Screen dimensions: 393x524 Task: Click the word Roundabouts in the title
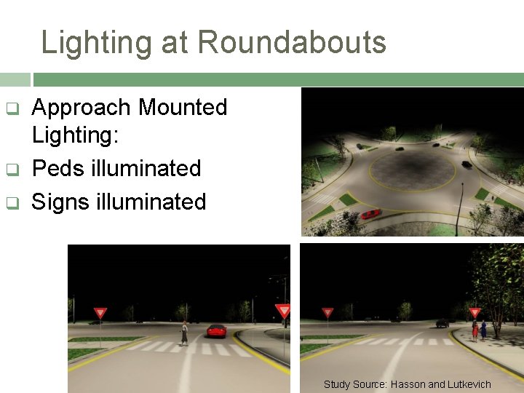pos(292,42)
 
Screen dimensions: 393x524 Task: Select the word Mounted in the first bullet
pos(183,108)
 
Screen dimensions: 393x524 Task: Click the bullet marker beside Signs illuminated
pos(12,203)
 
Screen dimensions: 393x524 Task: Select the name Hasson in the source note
pos(408,384)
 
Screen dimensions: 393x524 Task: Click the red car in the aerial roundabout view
pos(371,213)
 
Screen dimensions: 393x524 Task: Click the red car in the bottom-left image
pos(216,330)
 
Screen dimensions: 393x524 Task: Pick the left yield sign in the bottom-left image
pos(100,313)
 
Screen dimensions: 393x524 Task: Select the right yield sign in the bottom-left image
pos(283,311)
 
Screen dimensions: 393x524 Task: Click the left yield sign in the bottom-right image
pos(328,313)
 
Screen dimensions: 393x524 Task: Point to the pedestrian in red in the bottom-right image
pos(475,330)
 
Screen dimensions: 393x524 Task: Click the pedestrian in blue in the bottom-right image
pos(483,330)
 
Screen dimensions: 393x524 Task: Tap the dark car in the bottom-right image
pos(442,322)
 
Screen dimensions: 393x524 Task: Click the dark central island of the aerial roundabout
pos(412,167)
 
